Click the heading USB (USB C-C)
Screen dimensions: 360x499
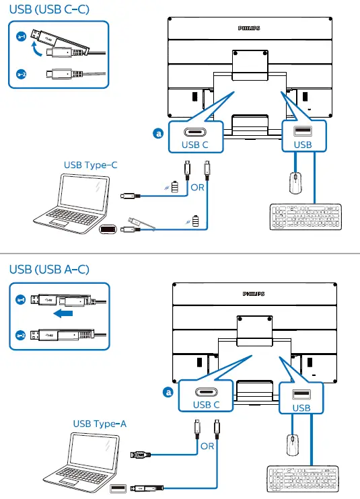click(x=49, y=9)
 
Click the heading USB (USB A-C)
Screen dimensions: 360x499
click(x=49, y=269)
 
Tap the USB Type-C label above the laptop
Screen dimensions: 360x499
click(x=90, y=165)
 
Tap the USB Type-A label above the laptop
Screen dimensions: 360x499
click(x=100, y=424)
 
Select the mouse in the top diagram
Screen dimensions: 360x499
click(x=295, y=183)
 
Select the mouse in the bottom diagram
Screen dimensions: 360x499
click(x=293, y=445)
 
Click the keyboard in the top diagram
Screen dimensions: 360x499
click(x=305, y=217)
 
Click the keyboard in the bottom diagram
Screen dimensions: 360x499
click(x=303, y=479)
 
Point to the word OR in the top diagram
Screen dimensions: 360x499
click(x=197, y=188)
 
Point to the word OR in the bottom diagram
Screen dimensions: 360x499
click(x=207, y=446)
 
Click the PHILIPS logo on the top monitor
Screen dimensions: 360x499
click(x=249, y=28)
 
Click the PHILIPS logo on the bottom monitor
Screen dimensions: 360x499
click(x=254, y=294)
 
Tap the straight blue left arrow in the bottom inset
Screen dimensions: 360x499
click(x=63, y=314)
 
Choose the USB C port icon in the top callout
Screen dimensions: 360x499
click(x=194, y=132)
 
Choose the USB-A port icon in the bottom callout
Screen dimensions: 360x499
click(x=301, y=394)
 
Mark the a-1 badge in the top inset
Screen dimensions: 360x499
click(x=21, y=37)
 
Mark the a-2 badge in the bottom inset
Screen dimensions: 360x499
click(x=21, y=335)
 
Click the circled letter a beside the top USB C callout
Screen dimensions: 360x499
click(x=158, y=133)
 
